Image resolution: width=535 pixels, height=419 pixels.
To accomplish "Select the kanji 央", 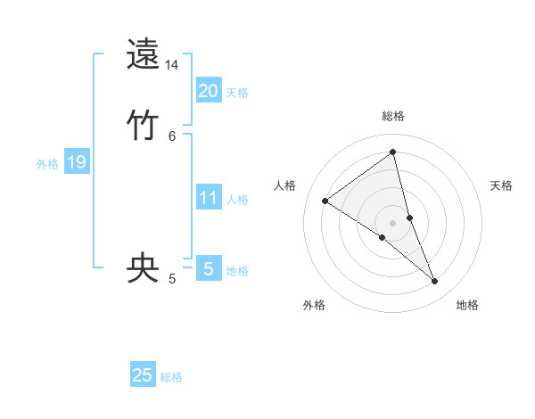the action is pyautogui.click(x=143, y=268).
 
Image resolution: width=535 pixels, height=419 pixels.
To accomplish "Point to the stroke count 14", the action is pyautogui.click(x=172, y=65).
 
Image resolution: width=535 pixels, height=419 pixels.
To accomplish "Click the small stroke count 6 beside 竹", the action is pyautogui.click(x=172, y=135).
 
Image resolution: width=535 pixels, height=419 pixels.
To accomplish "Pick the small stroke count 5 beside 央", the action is pyautogui.click(x=172, y=279).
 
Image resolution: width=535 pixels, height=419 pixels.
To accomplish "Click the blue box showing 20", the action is pyautogui.click(x=209, y=90).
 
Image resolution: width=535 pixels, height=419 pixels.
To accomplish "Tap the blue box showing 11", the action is pyautogui.click(x=209, y=197).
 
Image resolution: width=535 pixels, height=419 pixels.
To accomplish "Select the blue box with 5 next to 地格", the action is pyautogui.click(x=209, y=268).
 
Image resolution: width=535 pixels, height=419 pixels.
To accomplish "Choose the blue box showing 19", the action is pyautogui.click(x=77, y=162).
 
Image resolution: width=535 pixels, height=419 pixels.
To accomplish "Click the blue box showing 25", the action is pyautogui.click(x=143, y=375).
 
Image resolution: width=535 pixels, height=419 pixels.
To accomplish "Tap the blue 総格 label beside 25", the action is pyautogui.click(x=171, y=377).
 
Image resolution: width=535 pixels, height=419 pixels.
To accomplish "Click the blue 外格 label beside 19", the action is pyautogui.click(x=47, y=164).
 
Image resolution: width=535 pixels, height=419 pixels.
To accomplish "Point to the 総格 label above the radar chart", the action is pyautogui.click(x=393, y=116).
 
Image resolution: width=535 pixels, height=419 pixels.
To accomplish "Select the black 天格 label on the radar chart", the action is pyautogui.click(x=501, y=185).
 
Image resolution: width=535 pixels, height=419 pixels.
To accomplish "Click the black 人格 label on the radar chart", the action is pyautogui.click(x=285, y=185).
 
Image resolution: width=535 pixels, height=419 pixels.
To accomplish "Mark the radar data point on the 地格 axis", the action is pyautogui.click(x=435, y=282).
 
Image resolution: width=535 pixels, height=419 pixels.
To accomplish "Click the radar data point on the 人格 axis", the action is pyautogui.click(x=325, y=201).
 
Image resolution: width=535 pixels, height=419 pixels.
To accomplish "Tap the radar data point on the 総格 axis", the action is pyautogui.click(x=393, y=152).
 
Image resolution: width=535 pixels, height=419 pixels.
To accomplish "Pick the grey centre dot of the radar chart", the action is pyautogui.click(x=393, y=222).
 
